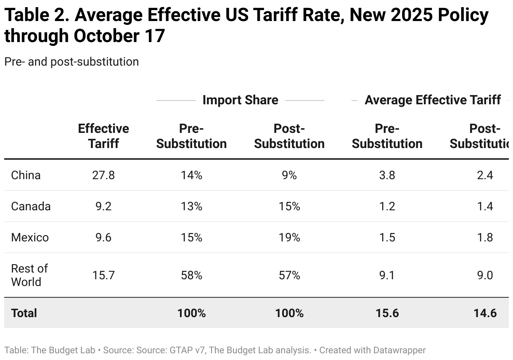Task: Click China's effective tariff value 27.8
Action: point(103,175)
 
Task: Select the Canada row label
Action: point(31,206)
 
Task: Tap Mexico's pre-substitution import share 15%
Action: point(191,237)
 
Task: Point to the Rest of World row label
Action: point(29,275)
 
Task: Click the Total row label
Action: point(24,313)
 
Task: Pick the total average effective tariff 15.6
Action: point(387,313)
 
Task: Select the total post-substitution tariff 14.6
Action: point(485,313)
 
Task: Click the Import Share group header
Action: point(240,100)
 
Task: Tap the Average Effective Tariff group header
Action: point(433,100)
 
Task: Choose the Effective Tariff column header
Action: point(103,136)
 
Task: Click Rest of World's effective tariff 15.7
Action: point(103,275)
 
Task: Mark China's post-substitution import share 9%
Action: point(289,175)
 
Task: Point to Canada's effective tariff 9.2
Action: point(103,206)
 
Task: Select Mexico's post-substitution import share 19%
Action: point(289,237)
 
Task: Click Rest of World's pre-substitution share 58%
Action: point(191,275)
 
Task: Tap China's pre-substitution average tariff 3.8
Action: point(387,175)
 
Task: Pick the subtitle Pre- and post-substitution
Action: point(71,62)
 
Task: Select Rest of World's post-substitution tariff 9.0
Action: point(485,275)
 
